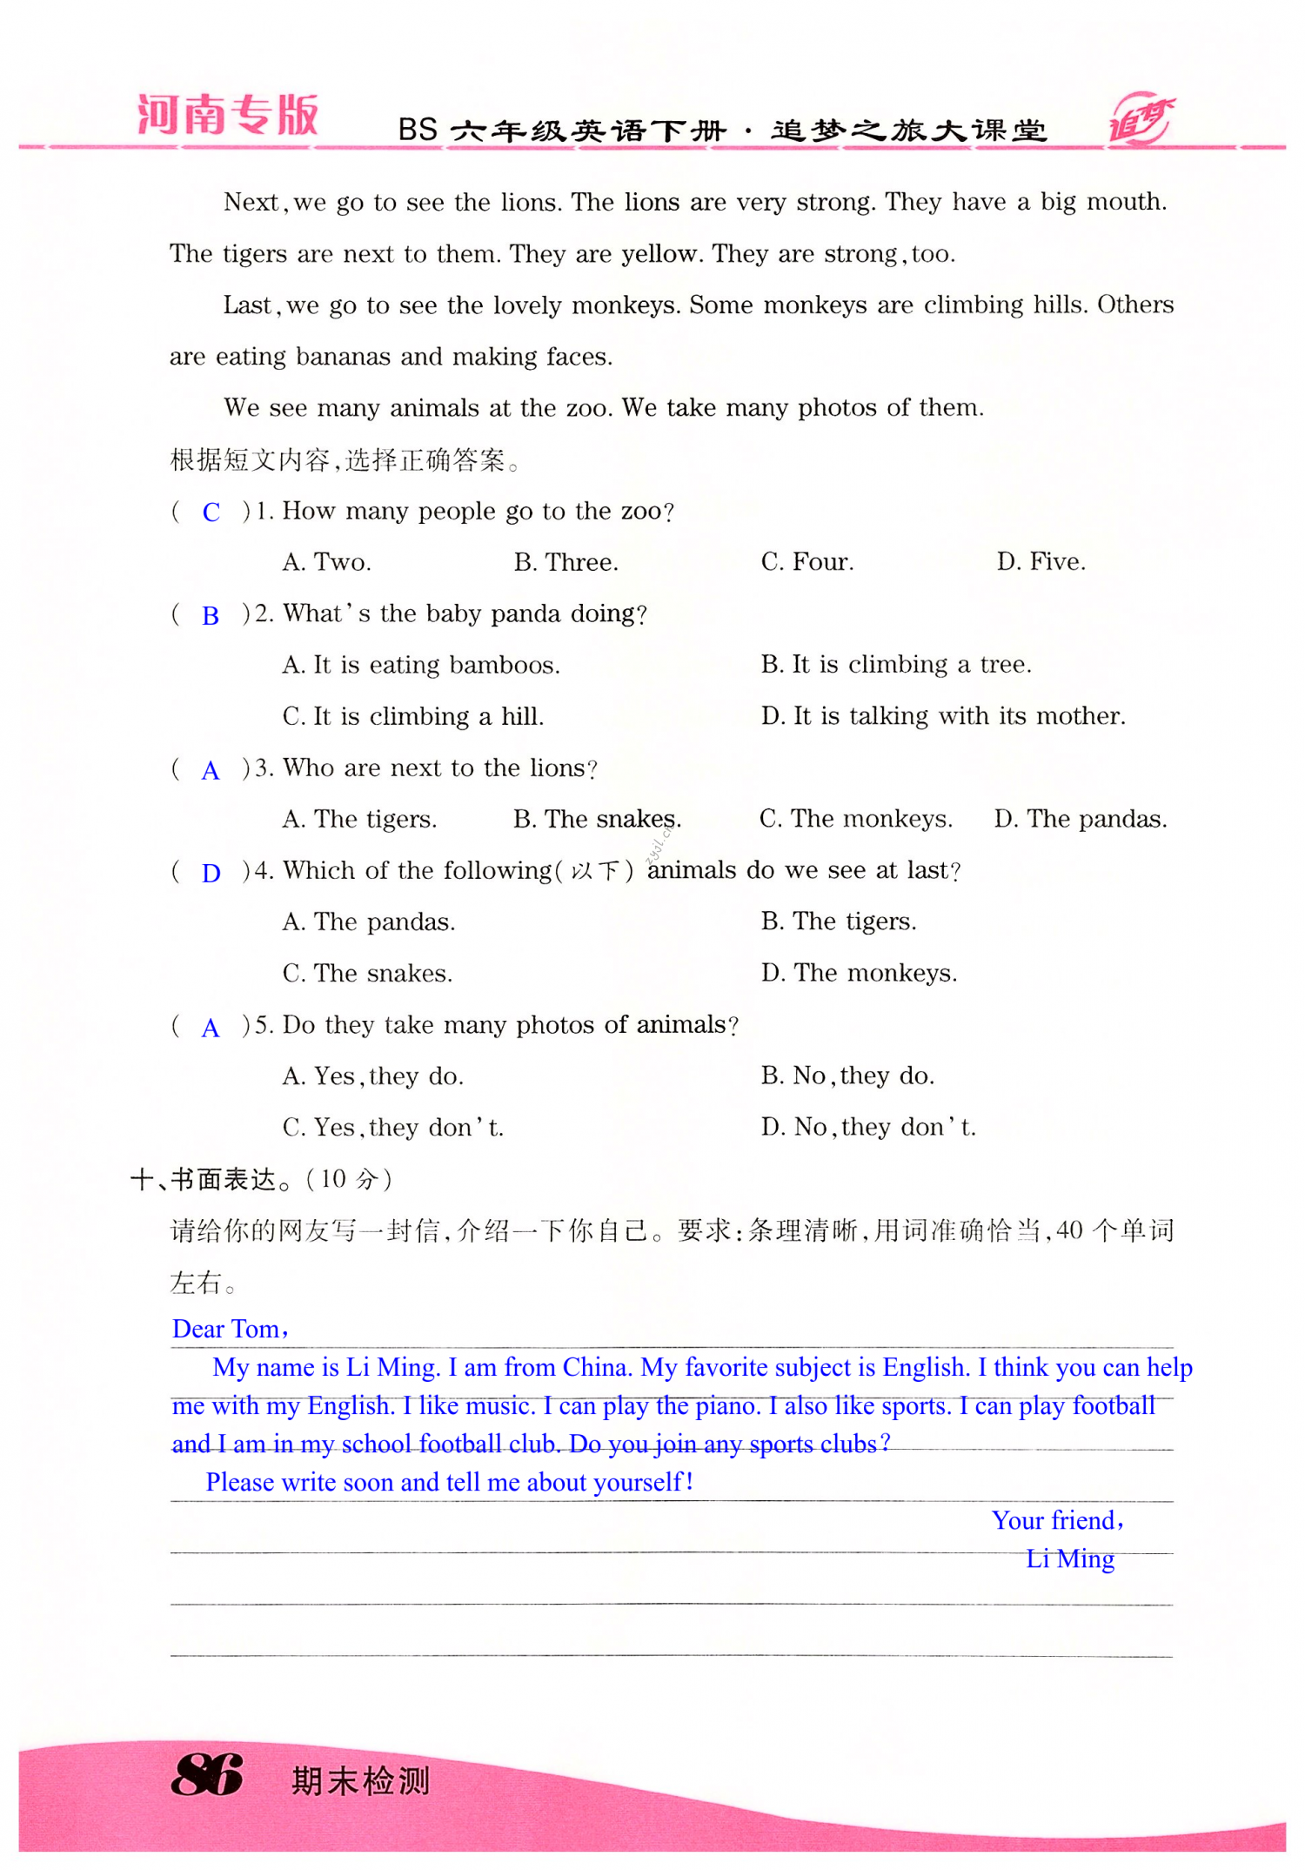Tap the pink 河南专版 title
(x=228, y=116)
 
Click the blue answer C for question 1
(x=211, y=513)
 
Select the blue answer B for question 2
(x=211, y=616)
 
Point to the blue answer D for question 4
(x=211, y=874)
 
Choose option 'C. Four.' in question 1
(x=807, y=562)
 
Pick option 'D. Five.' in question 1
(x=1041, y=562)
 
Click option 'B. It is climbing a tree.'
(x=896, y=665)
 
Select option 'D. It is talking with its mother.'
(x=943, y=716)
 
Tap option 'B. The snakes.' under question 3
(x=597, y=819)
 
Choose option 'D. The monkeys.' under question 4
(x=859, y=973)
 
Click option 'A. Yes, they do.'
(x=372, y=1076)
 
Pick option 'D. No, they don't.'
(x=868, y=1128)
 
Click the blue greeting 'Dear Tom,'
(x=231, y=1329)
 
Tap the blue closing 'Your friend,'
(x=1058, y=1520)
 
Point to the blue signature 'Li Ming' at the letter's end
(x=1070, y=1558)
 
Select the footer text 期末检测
(x=360, y=1781)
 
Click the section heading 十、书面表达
(x=204, y=1180)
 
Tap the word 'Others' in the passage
(x=1135, y=305)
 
